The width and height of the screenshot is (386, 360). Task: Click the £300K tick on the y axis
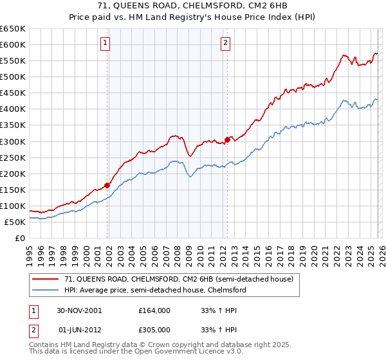tap(13, 141)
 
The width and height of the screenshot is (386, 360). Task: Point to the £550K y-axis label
tap(13, 60)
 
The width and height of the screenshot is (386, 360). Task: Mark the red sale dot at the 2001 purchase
tap(107, 185)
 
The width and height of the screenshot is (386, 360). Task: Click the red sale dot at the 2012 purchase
tap(227, 139)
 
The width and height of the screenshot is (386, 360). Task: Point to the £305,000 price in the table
tap(154, 329)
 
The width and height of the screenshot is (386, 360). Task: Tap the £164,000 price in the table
tap(154, 310)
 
